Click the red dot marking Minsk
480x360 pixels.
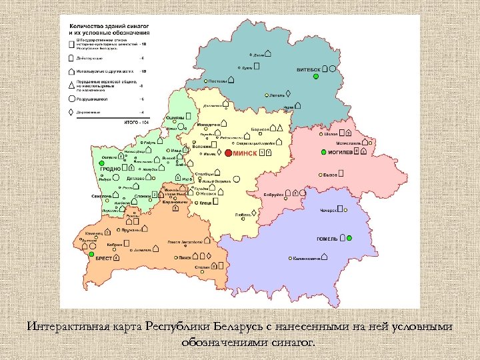tap(229, 153)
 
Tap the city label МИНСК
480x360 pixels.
tap(245, 153)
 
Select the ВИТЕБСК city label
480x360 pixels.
tap(309, 68)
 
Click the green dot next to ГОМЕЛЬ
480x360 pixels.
tap(349, 238)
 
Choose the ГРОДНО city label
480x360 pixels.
tap(110, 169)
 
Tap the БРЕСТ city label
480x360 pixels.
tap(103, 257)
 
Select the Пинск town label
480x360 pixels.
tap(185, 257)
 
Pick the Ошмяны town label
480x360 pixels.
tap(175, 117)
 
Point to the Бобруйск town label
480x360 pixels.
tap(274, 194)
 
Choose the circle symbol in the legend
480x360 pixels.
tap(71, 98)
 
